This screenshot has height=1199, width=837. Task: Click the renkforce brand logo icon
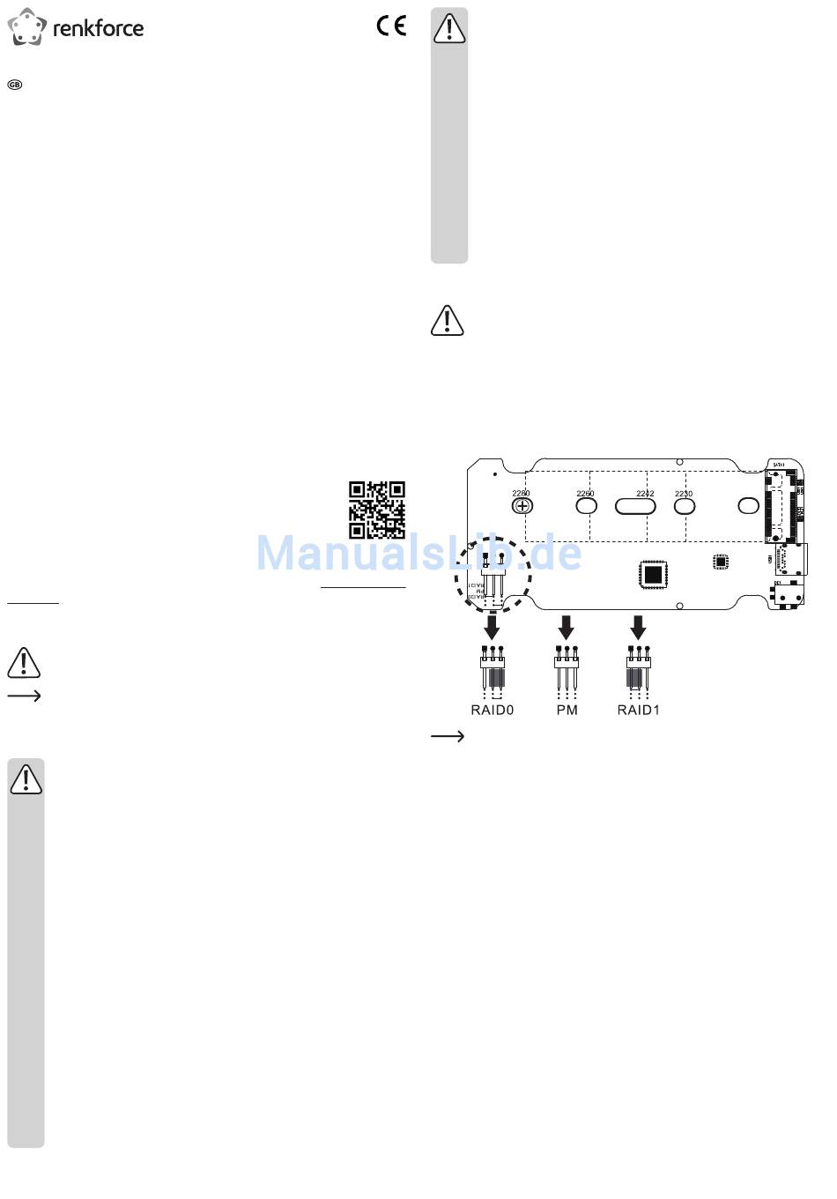point(26,28)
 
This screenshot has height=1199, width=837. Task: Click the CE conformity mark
point(391,26)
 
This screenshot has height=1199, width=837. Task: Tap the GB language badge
point(14,85)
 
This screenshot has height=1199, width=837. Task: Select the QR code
point(377,510)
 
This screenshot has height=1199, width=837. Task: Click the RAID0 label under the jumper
point(492,710)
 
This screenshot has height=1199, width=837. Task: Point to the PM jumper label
point(567,710)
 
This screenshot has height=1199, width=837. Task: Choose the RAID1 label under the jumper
point(638,710)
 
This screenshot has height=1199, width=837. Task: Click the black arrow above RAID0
point(492,628)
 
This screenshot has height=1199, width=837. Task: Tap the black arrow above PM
point(567,628)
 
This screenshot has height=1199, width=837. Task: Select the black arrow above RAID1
point(638,628)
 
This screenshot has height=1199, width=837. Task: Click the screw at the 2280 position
point(522,506)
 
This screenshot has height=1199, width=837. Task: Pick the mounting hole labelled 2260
point(586,506)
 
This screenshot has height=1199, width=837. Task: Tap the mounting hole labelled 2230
point(685,506)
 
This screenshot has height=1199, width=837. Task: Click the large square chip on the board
point(652,574)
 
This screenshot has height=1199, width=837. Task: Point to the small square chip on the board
point(720,561)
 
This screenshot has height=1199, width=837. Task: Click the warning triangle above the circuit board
point(447,321)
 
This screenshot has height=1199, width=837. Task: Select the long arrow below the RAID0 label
point(448,736)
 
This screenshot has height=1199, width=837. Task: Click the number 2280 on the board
point(521,494)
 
